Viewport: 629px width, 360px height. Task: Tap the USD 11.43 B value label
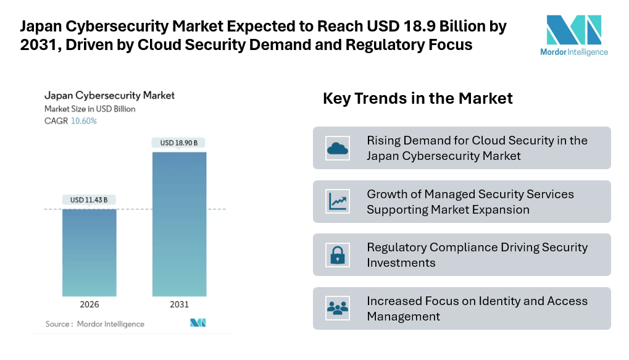tap(89, 200)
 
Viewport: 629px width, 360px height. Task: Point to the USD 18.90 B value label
tap(179, 143)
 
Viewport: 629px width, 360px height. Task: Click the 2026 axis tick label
tap(89, 304)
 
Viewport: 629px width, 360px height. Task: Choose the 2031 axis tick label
tap(179, 304)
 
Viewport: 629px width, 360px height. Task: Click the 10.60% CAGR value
tap(84, 121)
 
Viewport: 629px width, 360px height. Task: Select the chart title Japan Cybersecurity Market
tap(109, 96)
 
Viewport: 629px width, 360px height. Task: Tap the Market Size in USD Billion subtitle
tap(90, 109)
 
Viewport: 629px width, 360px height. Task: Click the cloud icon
tap(338, 148)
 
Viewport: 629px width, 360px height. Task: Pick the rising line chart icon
tap(338, 201)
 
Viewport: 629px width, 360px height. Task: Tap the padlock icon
tap(338, 254)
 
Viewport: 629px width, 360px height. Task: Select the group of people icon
tap(338, 308)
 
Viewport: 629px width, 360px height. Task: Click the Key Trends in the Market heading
tap(417, 99)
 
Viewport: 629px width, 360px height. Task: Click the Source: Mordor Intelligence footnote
tap(94, 324)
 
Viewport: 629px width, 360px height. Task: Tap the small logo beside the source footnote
tap(198, 323)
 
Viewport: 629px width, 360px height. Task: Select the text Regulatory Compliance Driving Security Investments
tap(477, 254)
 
